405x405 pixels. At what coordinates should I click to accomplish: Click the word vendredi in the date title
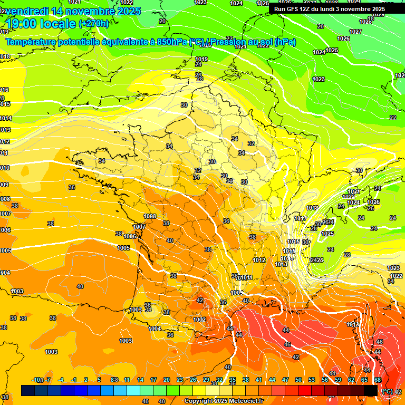click(x=27, y=11)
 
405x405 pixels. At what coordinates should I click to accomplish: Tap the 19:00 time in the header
click(x=26, y=24)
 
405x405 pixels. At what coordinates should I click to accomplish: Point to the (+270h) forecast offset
click(x=94, y=24)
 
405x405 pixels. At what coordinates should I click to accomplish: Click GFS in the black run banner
click(x=292, y=9)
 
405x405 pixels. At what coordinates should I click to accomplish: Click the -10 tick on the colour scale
click(x=36, y=380)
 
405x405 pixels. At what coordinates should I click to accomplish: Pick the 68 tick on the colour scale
click(x=378, y=380)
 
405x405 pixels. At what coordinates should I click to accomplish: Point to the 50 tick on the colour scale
click(x=298, y=380)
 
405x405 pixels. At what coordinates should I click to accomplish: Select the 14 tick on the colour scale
click(x=140, y=380)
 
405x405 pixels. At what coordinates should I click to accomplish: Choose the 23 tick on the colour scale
click(x=180, y=380)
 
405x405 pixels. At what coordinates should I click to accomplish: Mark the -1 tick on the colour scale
click(x=74, y=380)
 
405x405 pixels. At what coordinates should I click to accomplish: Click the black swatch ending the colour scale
click(x=371, y=390)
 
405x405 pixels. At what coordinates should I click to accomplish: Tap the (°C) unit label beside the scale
click(x=388, y=391)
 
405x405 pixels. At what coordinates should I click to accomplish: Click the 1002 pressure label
click(x=199, y=320)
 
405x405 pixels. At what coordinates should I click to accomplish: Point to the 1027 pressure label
click(x=356, y=32)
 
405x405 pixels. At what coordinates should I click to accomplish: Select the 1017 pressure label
click(x=301, y=219)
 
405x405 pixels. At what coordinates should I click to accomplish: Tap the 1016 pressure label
click(x=294, y=242)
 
